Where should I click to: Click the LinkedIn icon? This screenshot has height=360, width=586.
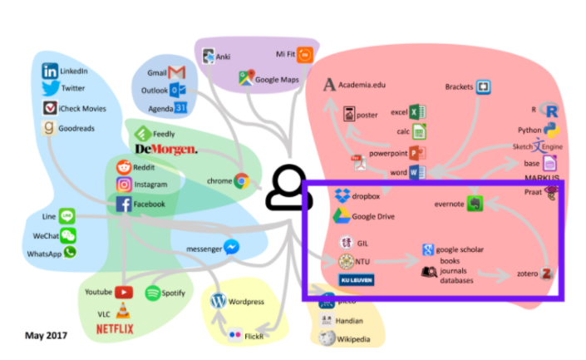pyautogui.click(x=51, y=72)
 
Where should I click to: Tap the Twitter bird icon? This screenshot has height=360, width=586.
pyautogui.click(x=51, y=89)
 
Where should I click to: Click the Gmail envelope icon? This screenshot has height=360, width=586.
pyautogui.click(x=176, y=72)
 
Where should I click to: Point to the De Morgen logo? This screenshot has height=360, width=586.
pyautogui.click(x=165, y=149)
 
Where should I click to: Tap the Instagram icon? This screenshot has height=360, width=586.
pyautogui.click(x=124, y=185)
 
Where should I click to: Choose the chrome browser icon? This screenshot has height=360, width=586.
pyautogui.click(x=242, y=180)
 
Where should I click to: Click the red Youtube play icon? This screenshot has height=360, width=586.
pyautogui.click(x=124, y=292)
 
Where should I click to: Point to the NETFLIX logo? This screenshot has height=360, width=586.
pyautogui.click(x=114, y=329)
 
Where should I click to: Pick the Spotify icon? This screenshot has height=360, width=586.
pyautogui.click(x=154, y=293)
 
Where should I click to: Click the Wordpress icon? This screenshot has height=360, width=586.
pyautogui.click(x=219, y=300)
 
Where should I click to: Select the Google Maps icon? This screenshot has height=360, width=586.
pyautogui.click(x=246, y=79)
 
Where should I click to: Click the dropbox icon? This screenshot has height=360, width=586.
pyautogui.click(x=341, y=196)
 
